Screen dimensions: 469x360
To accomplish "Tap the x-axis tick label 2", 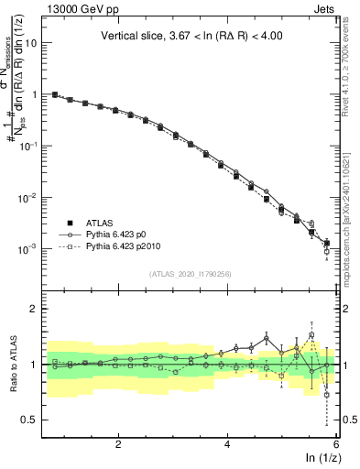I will (x=118, y=443).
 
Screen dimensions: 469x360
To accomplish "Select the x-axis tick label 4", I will (x=227, y=443).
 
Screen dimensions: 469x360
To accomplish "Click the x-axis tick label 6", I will (x=336, y=443).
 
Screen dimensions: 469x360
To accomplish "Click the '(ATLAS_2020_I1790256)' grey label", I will (x=191, y=274).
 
